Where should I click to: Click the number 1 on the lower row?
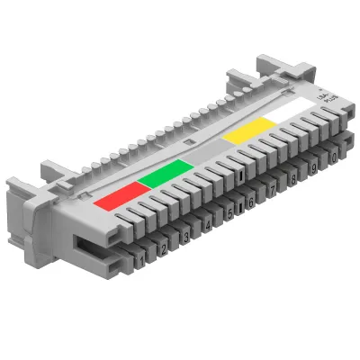click(141, 261)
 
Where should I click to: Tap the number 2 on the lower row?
click(163, 249)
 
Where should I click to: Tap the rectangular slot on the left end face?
click(85, 241)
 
